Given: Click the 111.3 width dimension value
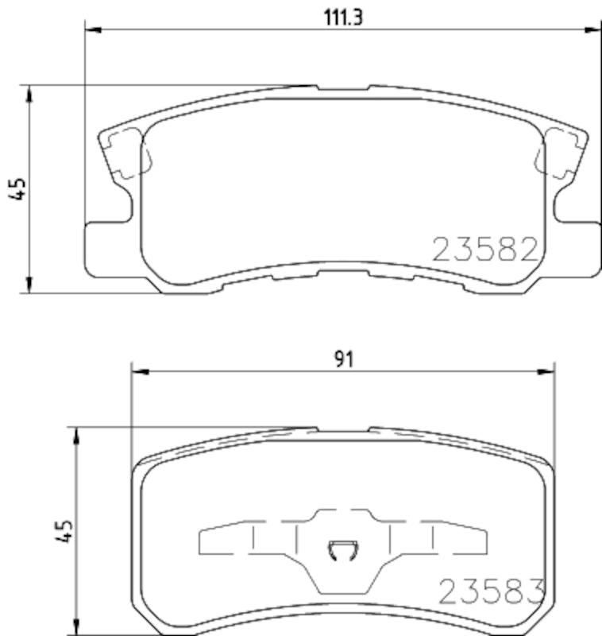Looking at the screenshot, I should click(x=342, y=15).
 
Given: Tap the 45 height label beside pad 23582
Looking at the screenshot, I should click(x=19, y=189).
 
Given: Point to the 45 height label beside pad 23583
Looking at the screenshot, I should click(x=65, y=531).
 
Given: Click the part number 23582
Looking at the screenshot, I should click(x=485, y=250).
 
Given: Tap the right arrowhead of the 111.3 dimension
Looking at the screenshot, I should click(x=592, y=30).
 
